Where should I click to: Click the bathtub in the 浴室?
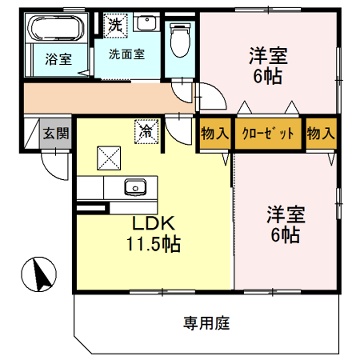(x=56, y=28)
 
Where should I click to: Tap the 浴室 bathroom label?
(x=58, y=60)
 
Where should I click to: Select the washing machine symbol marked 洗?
(x=115, y=23)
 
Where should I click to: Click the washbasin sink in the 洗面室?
(x=146, y=23)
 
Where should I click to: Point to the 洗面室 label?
(x=127, y=54)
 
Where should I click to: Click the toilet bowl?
(x=179, y=41)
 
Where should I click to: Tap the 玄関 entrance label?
(x=56, y=133)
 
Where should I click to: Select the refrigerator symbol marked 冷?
(x=146, y=132)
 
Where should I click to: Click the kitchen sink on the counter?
(x=135, y=187)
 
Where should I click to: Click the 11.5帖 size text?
(x=153, y=245)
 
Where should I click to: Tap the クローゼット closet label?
(x=268, y=134)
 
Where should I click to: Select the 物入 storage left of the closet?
(x=215, y=134)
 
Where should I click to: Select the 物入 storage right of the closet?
(x=320, y=134)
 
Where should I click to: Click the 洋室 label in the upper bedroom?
(x=268, y=57)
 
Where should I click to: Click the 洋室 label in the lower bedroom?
(x=285, y=215)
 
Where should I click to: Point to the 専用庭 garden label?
(x=207, y=323)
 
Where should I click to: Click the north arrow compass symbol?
(x=39, y=274)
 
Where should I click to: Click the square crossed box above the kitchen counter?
(x=108, y=159)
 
